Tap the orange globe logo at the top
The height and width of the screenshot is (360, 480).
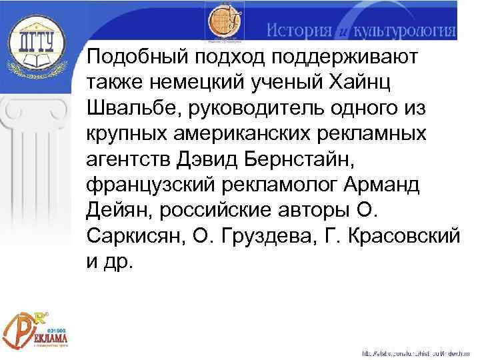coord(224,23)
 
